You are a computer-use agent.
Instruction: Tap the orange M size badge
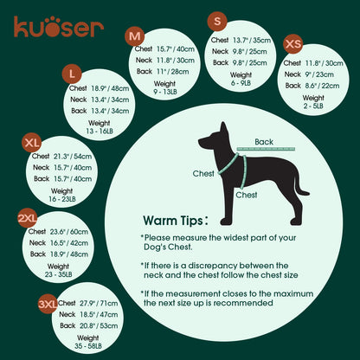pyautogui.click(x=135, y=36)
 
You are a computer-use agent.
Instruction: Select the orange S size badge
pyautogui.click(x=218, y=20)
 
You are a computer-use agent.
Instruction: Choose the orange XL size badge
pyautogui.click(x=33, y=142)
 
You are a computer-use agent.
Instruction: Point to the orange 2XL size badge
pyautogui.click(x=27, y=217)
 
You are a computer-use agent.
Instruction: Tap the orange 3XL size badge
pyautogui.click(x=48, y=305)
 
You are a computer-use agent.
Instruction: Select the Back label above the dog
pyautogui.click(x=264, y=142)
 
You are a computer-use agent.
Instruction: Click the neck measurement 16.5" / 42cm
pyautogui.click(x=72, y=243)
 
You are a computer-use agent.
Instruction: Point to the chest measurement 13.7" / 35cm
pyautogui.click(x=252, y=40)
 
